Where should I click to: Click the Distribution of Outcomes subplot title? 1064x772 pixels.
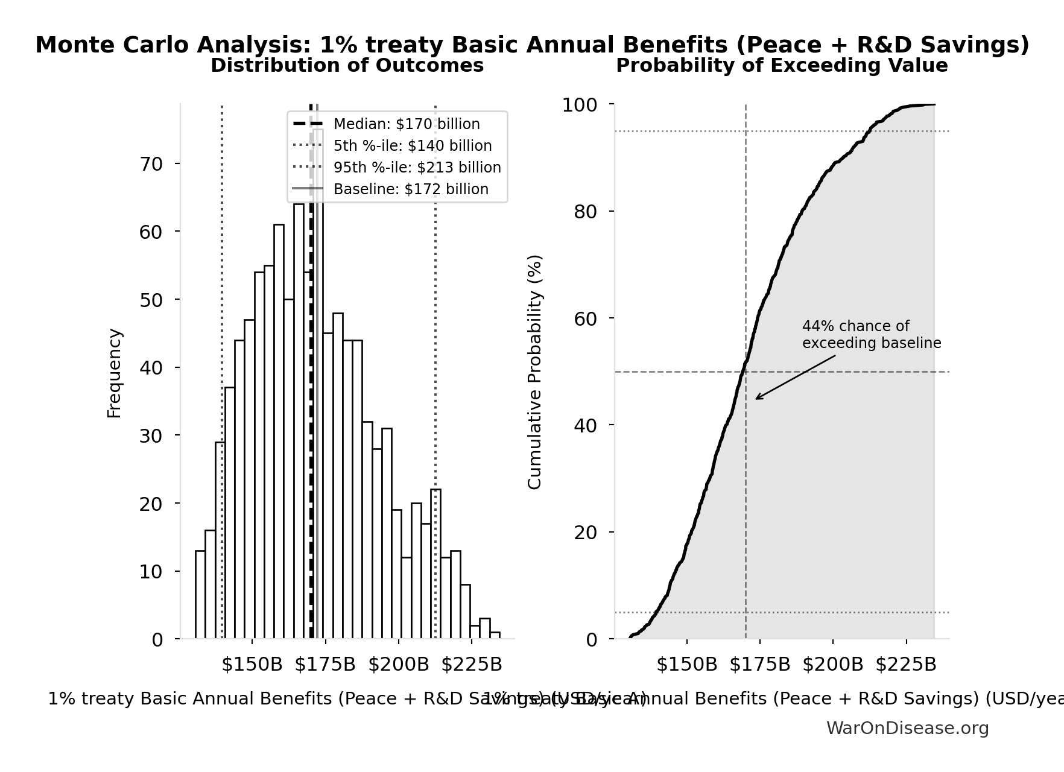tap(347, 66)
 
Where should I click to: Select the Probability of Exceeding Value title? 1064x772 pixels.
tap(781, 66)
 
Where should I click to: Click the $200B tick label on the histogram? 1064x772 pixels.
tap(398, 665)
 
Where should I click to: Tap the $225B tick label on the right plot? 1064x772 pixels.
tap(905, 665)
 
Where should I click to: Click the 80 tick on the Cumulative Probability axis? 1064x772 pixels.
tap(585, 212)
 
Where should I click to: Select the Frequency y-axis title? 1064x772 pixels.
tap(114, 373)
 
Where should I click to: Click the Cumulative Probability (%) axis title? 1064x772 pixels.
tap(535, 372)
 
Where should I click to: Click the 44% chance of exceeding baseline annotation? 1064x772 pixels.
tap(870, 335)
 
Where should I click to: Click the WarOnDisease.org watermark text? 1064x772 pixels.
tap(907, 729)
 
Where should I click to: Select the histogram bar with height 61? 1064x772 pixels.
tap(279, 434)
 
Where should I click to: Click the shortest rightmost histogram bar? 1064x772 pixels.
tap(495, 635)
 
